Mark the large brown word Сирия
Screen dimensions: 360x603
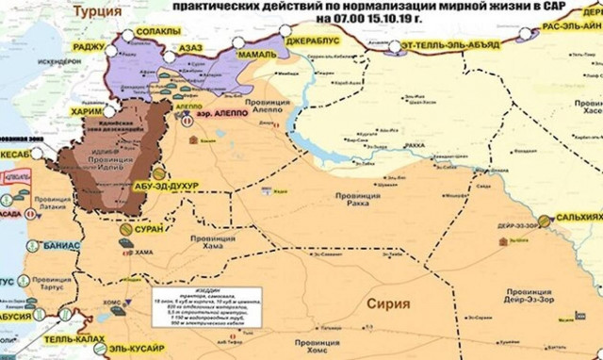click(x=386, y=305)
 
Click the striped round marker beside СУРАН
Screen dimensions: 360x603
click(x=124, y=228)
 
